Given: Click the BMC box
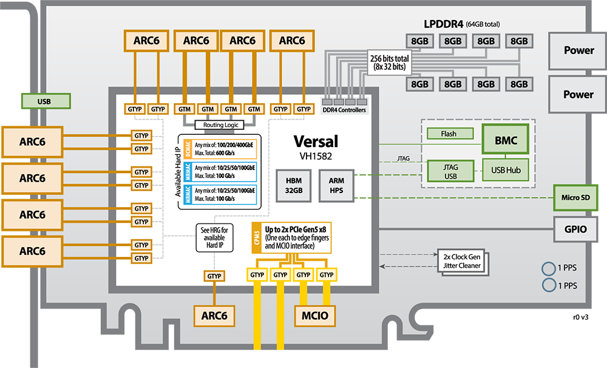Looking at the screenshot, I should click(506, 141).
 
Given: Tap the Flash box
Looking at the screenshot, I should click(450, 134).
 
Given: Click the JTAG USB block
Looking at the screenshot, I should click(450, 170).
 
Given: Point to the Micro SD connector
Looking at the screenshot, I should click(575, 197).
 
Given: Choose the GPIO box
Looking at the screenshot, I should click(575, 230).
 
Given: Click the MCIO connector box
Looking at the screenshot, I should click(315, 315).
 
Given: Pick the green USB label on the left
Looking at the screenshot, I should click(44, 101).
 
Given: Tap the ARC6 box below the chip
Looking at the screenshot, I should click(214, 315).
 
